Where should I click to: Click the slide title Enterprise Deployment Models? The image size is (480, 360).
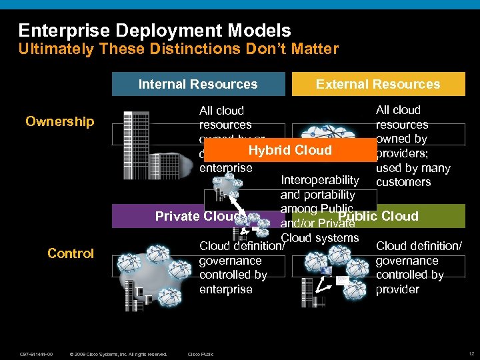[x=155, y=31]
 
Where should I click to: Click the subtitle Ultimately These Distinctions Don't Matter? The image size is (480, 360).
[x=178, y=49]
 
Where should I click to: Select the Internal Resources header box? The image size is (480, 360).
[x=197, y=84]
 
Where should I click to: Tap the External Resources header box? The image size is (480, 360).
[x=378, y=84]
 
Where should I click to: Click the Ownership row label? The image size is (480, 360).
[x=60, y=121]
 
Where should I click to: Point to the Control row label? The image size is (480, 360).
[x=71, y=253]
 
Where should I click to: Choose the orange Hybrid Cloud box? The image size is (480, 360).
[x=290, y=150]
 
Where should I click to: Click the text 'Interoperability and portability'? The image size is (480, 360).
[x=319, y=187]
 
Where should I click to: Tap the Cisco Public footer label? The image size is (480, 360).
[x=201, y=353]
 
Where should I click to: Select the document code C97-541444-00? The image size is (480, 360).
[x=37, y=353]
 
